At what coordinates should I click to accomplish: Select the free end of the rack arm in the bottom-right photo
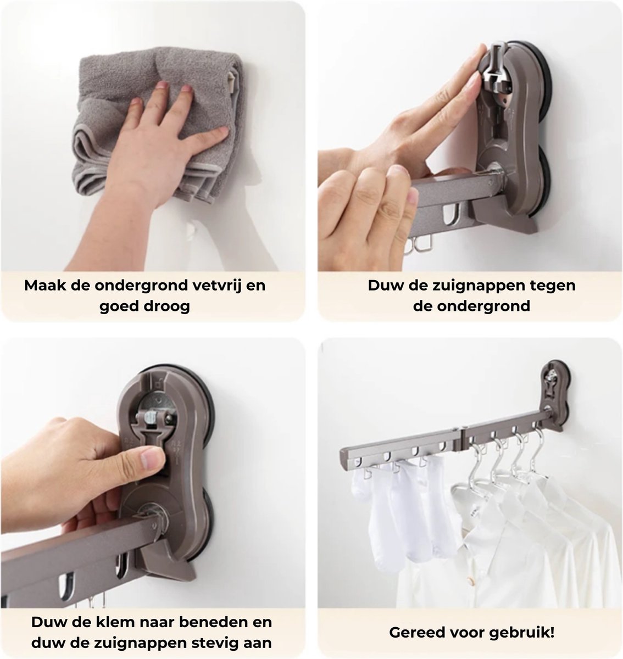[x=346, y=457]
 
